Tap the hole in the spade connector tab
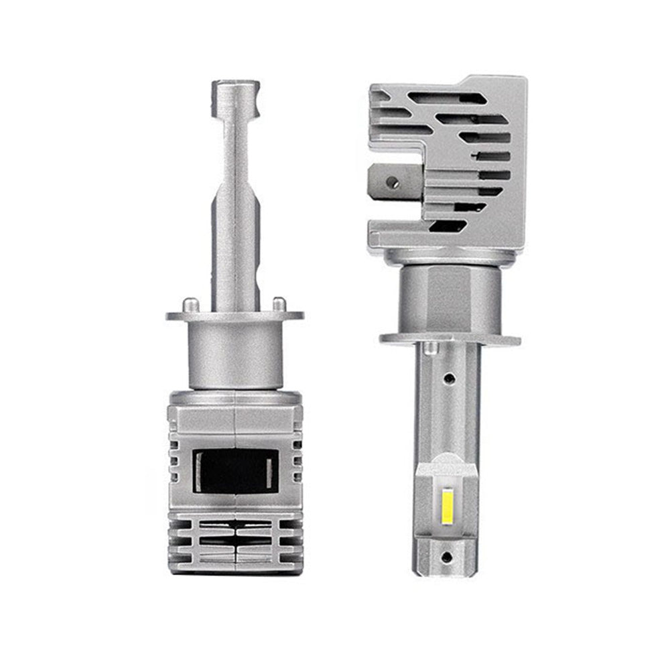[x=394, y=181]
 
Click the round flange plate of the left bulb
[x=234, y=315]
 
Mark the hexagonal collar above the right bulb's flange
[x=446, y=295]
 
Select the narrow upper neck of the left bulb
[x=234, y=147]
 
